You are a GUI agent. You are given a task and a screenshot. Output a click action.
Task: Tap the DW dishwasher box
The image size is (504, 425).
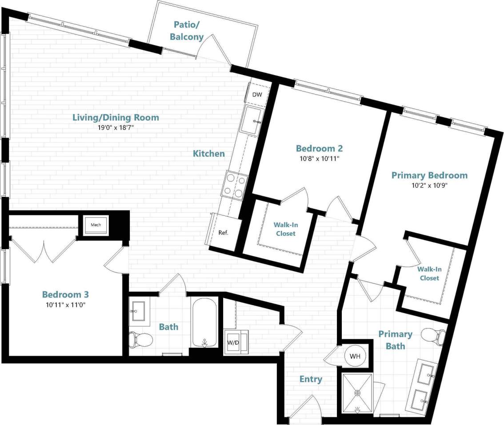tap(257, 95)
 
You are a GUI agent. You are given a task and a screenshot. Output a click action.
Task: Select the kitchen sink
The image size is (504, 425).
tap(252, 120)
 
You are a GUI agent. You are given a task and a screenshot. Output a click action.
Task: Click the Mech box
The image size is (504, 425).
tap(96, 225)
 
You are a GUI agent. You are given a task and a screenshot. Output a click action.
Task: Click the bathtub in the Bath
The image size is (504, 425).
tap(204, 322)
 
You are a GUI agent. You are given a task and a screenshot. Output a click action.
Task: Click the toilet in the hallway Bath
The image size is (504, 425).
tap(140, 340)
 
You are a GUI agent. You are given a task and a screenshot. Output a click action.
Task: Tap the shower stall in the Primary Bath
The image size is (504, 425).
tap(357, 393)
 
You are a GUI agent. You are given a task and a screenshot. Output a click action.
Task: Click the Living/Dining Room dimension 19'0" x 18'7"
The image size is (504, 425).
tap(116, 127)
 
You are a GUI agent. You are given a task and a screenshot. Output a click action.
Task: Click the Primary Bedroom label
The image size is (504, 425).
tap(429, 175)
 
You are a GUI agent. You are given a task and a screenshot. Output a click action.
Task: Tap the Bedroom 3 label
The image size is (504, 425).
tap(65, 294)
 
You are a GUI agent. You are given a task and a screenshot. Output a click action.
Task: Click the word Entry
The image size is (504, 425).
tap(311, 379)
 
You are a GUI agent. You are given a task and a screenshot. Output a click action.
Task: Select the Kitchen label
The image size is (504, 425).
tap(208, 154)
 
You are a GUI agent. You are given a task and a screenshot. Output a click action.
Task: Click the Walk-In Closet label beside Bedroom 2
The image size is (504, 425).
tap(285, 229)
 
